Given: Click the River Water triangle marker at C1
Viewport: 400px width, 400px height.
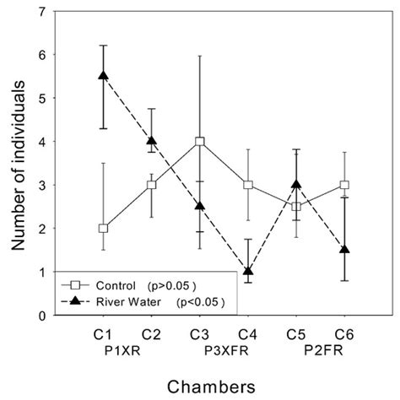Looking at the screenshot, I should [x=104, y=75].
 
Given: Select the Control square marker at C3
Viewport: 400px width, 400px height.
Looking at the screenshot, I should [x=200, y=141].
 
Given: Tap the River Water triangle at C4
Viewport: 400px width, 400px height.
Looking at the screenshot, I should [x=248, y=271].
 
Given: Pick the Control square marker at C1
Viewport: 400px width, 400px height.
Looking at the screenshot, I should [x=103, y=228].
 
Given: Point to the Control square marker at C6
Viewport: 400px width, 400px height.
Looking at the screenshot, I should [x=344, y=185].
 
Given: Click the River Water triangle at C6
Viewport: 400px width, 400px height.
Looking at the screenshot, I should [x=344, y=250].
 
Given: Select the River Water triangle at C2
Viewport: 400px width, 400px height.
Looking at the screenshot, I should [x=152, y=141].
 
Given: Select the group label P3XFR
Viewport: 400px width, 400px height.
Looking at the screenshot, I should [x=224, y=346].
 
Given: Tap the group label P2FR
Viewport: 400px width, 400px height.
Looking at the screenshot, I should [x=320, y=346].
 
